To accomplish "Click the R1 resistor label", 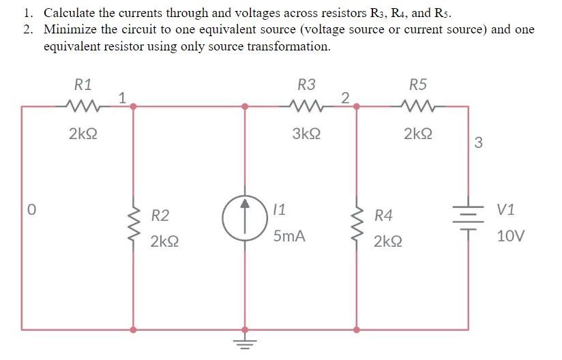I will coord(83,85).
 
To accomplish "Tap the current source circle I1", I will coord(244,219).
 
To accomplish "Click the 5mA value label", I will coord(289,237).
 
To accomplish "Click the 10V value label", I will coord(511,236).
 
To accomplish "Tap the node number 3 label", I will coord(477,142).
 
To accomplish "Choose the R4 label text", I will coord(383,216).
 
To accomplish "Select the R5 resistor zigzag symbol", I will coord(417,106).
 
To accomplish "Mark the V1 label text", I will coord(508,210).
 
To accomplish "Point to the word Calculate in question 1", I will coord(70,12).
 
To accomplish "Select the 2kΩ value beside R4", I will coord(388,241).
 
